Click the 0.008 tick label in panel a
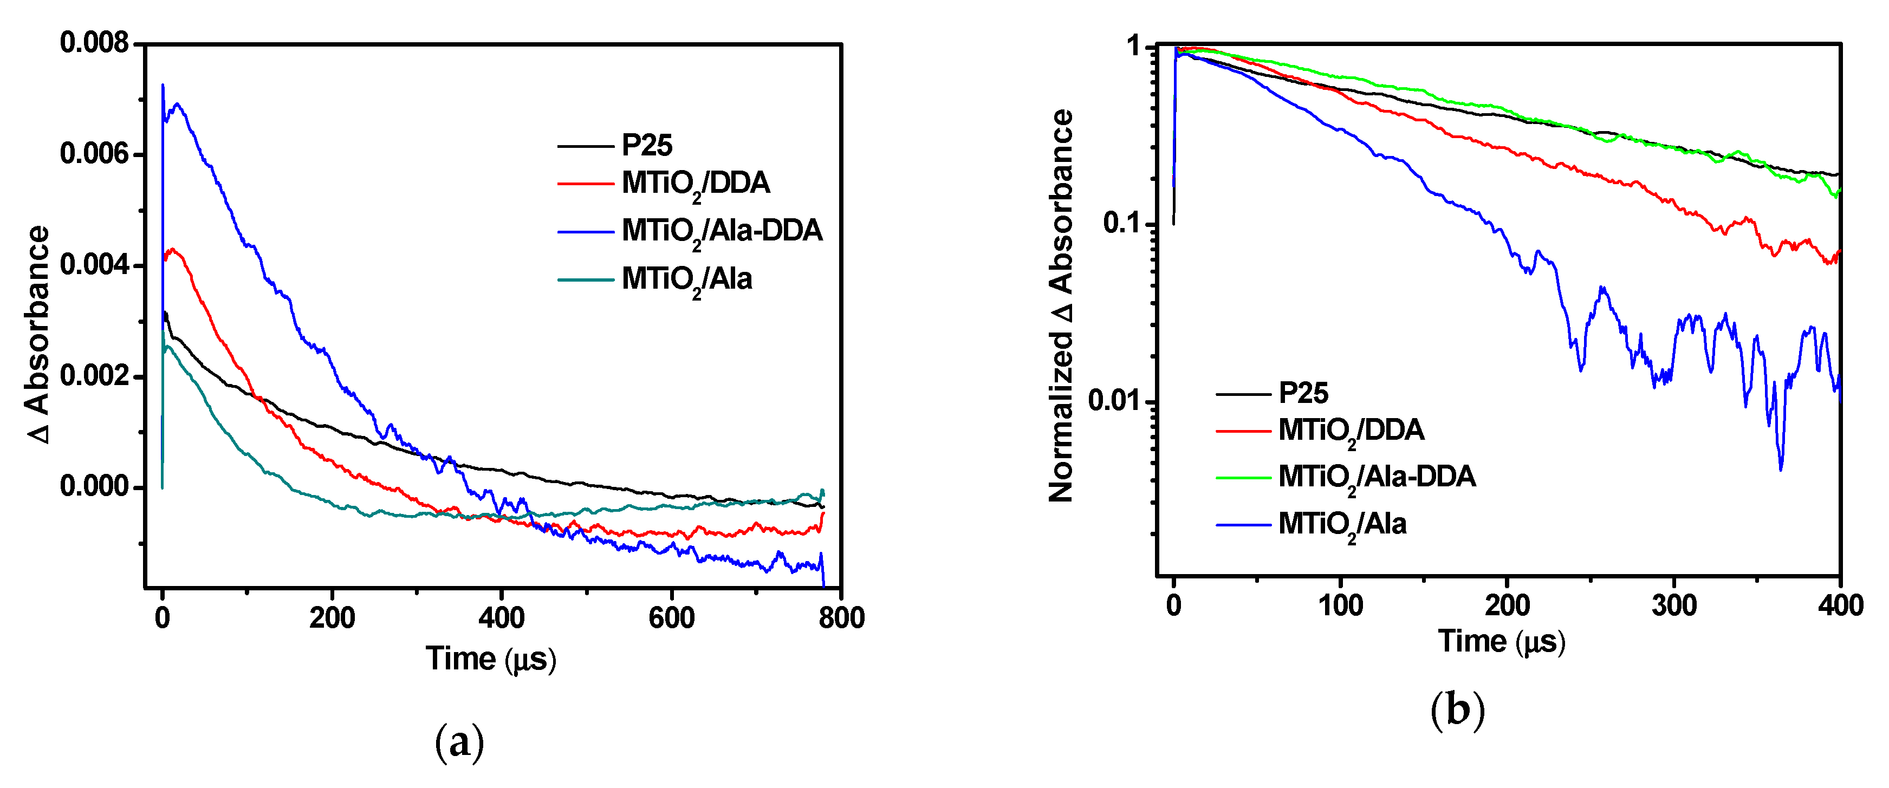pos(94,43)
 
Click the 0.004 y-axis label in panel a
pos(94,265)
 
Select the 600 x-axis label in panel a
pos(671,618)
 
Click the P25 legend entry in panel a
pos(646,145)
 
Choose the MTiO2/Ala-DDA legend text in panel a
pos(722,231)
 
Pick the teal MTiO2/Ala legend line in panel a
pos(585,279)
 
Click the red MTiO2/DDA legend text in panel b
pos(1351,430)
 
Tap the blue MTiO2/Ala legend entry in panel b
pos(1342,524)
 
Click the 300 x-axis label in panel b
pos(1673,605)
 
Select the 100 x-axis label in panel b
pos(1340,605)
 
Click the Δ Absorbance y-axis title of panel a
pos(38,334)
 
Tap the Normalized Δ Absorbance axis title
pos(1061,305)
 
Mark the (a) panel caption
pos(459,743)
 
